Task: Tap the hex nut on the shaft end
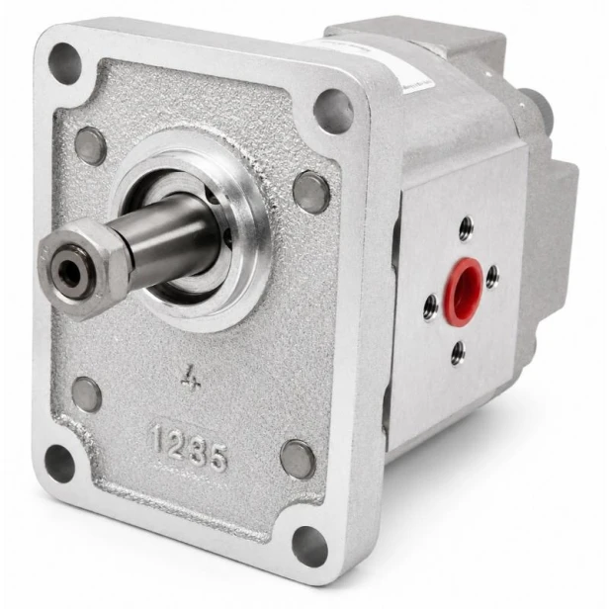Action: click(80, 268)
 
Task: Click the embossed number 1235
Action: click(190, 447)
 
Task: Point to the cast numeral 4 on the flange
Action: click(192, 377)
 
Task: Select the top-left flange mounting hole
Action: click(64, 63)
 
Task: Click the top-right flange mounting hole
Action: click(333, 112)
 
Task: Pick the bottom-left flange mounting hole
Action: click(59, 464)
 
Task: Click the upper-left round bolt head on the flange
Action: click(90, 145)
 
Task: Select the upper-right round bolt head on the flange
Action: click(311, 192)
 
